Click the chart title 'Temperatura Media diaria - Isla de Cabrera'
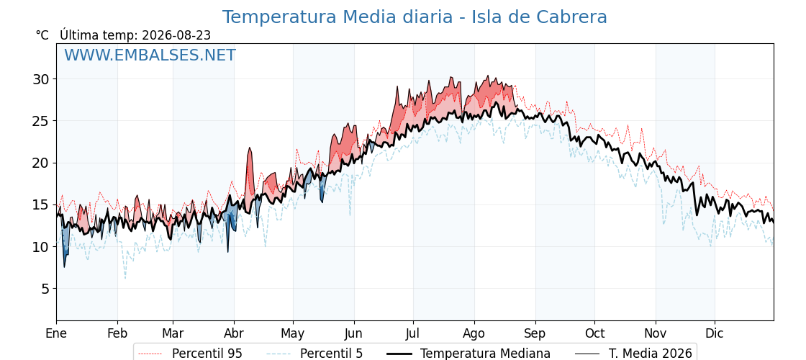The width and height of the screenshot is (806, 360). [415, 17]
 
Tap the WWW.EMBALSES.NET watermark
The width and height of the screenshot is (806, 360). [150, 55]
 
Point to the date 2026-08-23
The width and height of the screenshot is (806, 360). [176, 35]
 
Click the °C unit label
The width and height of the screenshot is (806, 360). [42, 35]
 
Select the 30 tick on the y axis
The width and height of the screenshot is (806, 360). [42, 79]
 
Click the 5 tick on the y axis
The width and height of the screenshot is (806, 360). [46, 289]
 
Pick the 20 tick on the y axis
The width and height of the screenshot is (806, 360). [42, 163]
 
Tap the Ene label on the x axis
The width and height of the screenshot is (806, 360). [56, 333]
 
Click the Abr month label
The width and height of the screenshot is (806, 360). [234, 333]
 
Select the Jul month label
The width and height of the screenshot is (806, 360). [413, 333]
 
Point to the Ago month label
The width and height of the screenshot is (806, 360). [474, 334]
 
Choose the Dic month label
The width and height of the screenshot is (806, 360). [715, 333]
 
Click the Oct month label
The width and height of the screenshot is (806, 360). [594, 333]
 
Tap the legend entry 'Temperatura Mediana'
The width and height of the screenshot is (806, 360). [468, 354]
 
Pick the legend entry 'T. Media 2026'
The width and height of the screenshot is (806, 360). [634, 354]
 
